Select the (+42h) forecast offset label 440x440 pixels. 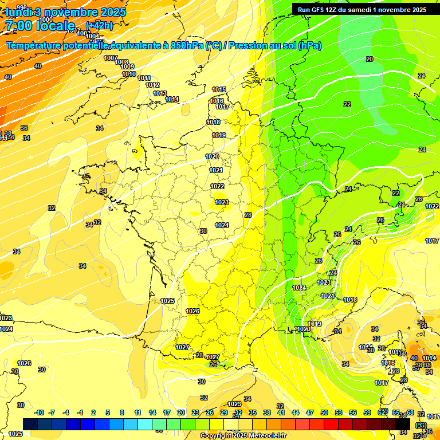[99, 26]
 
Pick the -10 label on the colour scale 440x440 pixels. [39, 412]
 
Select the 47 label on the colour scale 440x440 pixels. [310, 412]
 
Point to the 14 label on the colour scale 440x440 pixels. [152, 412]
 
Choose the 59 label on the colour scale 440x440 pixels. [367, 412]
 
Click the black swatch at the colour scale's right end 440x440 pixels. [403, 423]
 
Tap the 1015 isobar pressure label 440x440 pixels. [219, 89]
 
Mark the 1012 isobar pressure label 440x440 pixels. [152, 85]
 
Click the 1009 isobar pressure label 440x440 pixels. [128, 67]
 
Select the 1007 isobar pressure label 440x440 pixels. [111, 58]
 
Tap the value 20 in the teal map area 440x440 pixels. [370, 59]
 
